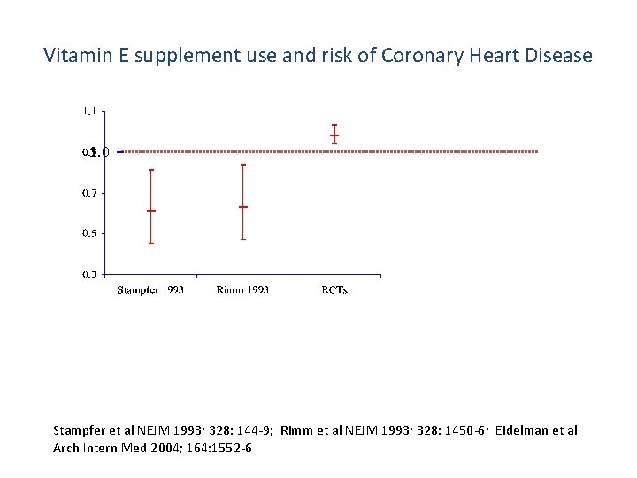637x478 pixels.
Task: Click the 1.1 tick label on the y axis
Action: [90, 111]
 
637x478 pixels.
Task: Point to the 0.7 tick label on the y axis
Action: [90, 193]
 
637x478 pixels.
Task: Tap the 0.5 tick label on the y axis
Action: [90, 234]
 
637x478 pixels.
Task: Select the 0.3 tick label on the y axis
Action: [90, 274]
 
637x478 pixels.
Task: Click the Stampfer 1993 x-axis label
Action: [151, 290]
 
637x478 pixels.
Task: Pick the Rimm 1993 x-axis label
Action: [242, 290]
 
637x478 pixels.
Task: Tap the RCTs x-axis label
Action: [334, 290]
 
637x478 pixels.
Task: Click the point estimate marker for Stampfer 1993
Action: [151, 211]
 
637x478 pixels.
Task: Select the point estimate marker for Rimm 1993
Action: [242, 207]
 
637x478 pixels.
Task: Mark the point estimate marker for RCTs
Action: [334, 135]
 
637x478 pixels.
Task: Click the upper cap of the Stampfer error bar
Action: [151, 170]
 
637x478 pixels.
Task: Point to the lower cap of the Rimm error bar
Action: [242, 239]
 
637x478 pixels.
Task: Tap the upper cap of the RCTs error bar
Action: [334, 125]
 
